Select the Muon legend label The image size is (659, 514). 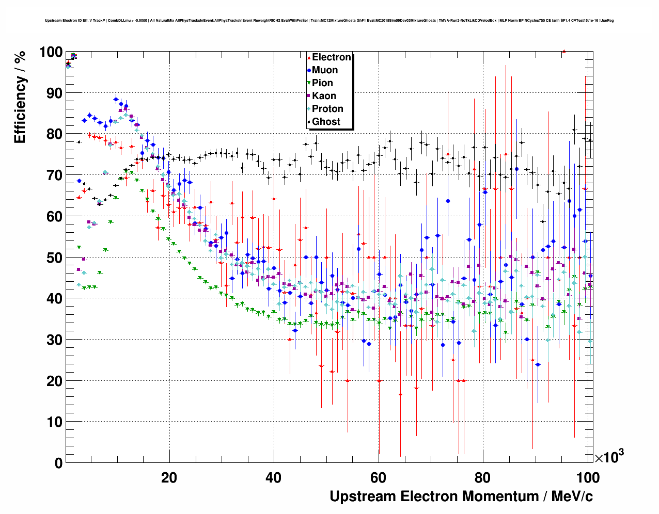[x=325, y=70]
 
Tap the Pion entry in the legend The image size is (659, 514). [x=322, y=83]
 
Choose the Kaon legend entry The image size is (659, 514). [x=324, y=96]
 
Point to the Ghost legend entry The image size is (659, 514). [x=326, y=122]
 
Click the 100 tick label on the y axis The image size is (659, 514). [x=50, y=52]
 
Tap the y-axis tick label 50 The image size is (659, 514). [x=54, y=258]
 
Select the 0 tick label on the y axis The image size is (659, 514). [x=58, y=463]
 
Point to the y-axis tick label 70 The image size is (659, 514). [x=54, y=175]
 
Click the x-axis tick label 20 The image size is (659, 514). [x=169, y=478]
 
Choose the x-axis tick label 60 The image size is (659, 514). [x=378, y=478]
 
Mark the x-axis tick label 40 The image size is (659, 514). [x=274, y=478]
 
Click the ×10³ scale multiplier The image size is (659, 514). [x=609, y=457]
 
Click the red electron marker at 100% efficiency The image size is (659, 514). [x=564, y=51]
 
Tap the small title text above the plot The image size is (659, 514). [x=329, y=21]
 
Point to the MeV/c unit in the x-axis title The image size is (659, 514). [x=572, y=496]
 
